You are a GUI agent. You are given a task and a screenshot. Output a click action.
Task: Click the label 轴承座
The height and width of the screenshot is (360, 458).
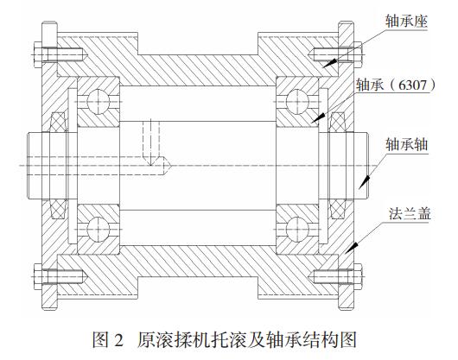click(406, 22)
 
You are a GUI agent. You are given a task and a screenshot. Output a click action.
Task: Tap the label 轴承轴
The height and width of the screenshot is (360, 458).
click(407, 144)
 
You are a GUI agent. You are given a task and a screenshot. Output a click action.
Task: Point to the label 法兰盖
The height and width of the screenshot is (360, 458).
click(410, 213)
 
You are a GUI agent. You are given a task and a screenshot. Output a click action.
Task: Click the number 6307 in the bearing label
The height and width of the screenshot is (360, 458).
click(412, 85)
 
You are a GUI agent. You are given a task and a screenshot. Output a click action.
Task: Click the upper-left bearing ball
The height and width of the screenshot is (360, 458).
click(99, 102)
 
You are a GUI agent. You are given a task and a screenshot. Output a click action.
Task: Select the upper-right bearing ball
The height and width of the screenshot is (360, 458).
click(297, 102)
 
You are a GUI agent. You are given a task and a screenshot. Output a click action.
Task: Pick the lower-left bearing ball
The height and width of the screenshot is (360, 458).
click(99, 230)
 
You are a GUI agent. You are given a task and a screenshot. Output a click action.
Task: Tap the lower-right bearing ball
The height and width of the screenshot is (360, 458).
click(297, 230)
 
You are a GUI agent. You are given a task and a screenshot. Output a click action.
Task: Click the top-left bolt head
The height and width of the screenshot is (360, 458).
click(38, 55)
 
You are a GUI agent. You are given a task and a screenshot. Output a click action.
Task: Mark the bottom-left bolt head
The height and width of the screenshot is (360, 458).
click(38, 276)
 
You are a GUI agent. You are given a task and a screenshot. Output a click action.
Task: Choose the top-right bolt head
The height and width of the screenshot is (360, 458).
click(358, 55)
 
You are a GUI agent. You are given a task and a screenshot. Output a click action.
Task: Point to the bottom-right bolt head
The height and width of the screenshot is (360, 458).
click(358, 276)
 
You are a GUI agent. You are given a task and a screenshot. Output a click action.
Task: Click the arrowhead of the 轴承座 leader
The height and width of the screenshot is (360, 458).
click(329, 63)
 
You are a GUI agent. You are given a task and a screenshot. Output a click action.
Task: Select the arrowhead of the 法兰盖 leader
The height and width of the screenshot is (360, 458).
click(351, 248)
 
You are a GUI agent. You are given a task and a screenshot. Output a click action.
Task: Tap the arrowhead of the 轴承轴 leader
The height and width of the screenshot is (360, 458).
click(364, 182)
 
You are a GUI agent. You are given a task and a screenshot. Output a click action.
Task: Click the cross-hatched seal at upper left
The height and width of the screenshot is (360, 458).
click(58, 122)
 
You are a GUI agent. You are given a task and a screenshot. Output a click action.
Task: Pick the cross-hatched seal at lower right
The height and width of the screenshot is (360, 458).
click(338, 209)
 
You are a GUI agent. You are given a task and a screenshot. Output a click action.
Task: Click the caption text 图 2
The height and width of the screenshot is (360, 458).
click(108, 340)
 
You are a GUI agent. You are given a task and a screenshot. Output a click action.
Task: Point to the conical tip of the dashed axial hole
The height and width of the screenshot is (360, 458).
click(166, 166)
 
